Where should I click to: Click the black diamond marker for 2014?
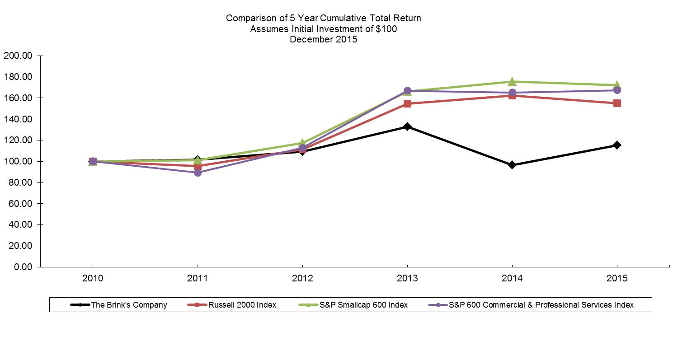point(512,165)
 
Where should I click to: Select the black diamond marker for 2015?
point(617,145)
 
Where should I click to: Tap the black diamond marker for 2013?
point(407,126)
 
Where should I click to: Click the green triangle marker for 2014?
point(512,81)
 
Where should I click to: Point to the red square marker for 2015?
point(617,103)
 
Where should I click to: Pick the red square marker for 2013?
point(407,103)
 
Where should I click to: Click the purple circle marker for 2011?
point(198,173)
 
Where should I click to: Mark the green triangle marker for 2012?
point(302,143)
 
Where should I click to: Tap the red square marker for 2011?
point(198,166)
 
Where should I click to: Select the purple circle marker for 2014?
point(512,93)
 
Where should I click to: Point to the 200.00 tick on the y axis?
point(18,56)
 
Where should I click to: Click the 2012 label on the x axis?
point(302,278)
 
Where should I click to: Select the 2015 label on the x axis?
point(617,278)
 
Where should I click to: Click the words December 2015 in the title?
point(323,39)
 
